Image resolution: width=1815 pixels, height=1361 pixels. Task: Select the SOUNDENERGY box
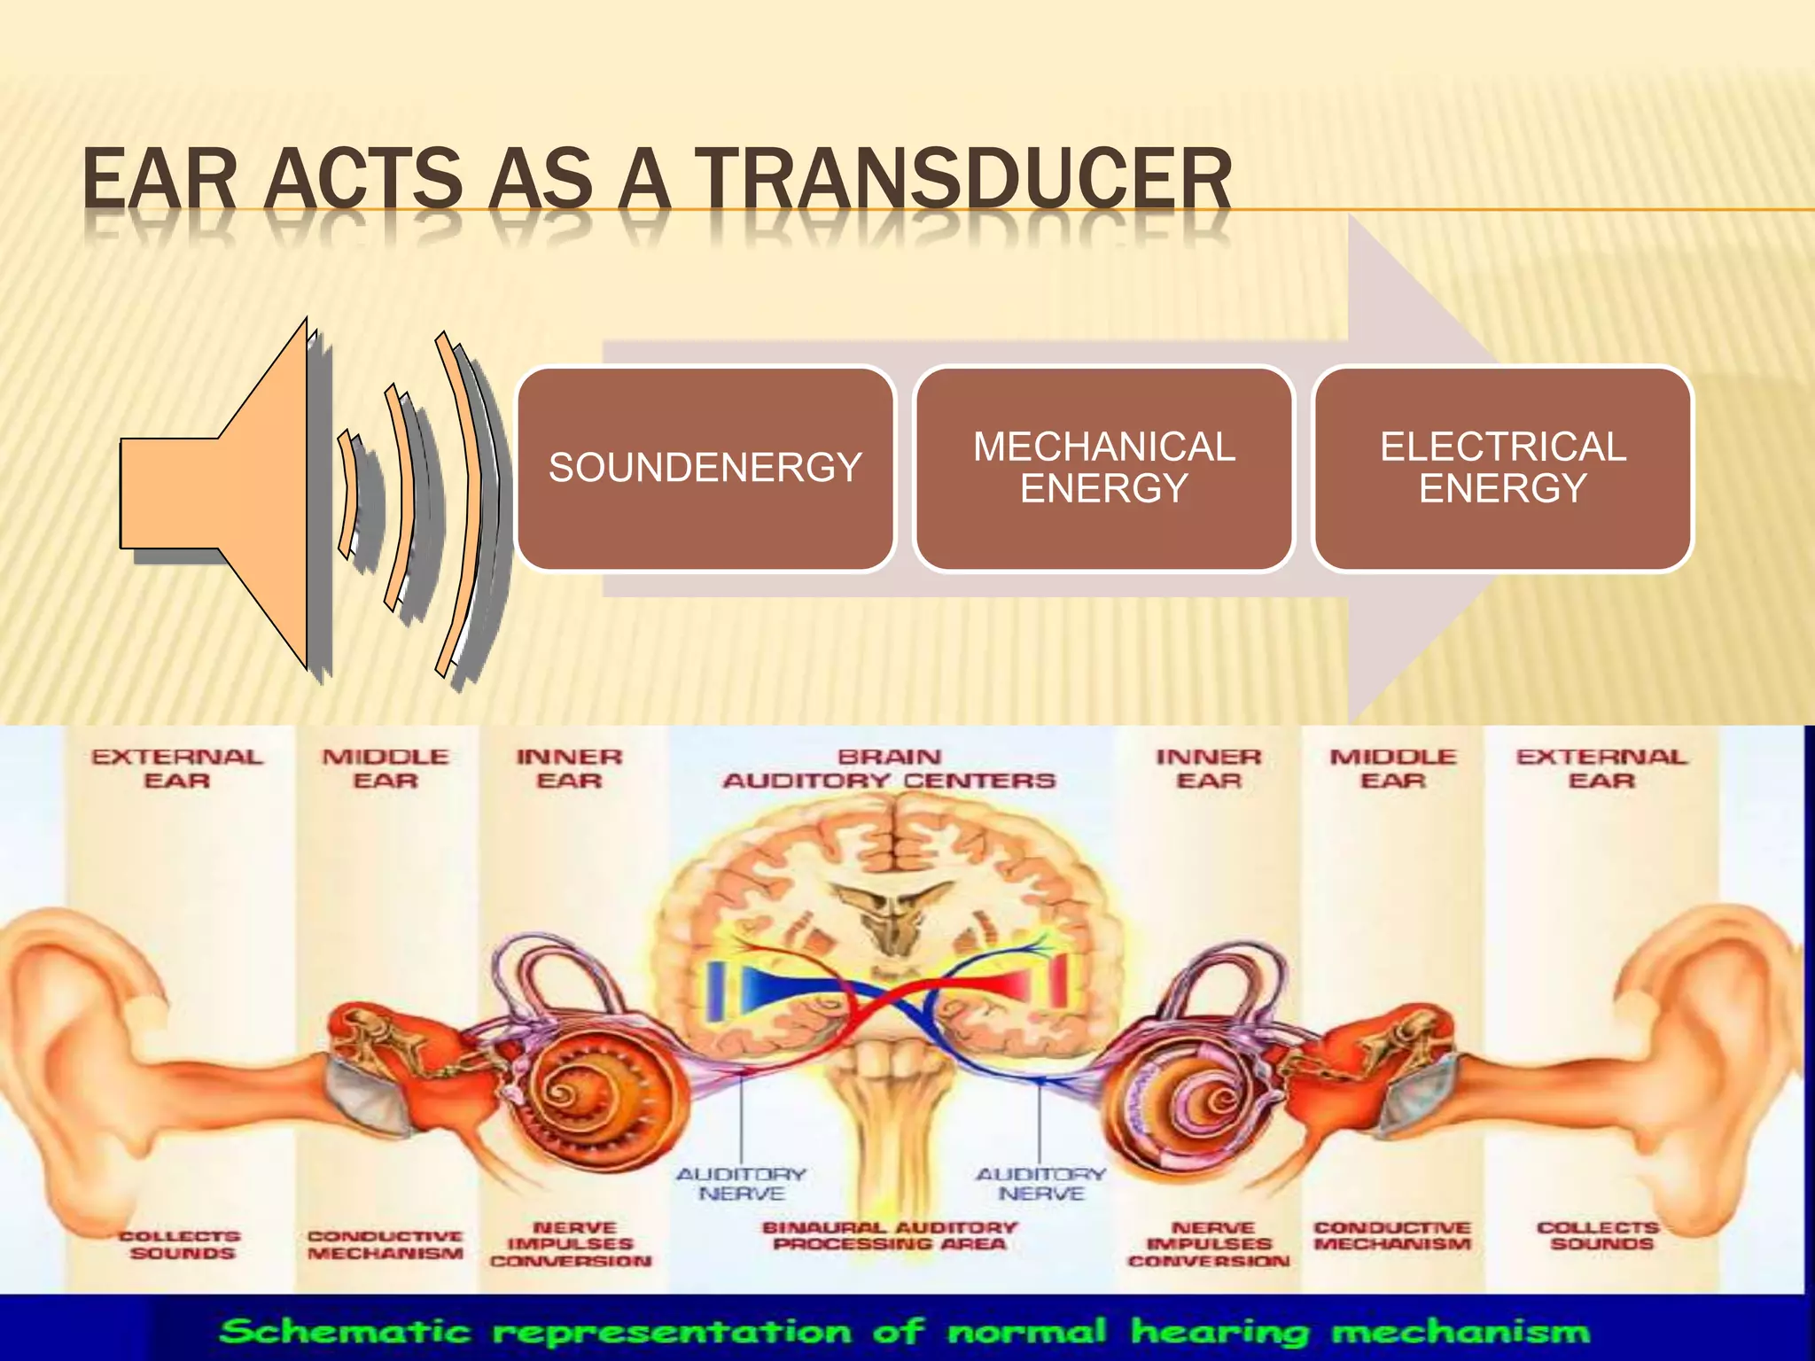[x=705, y=468]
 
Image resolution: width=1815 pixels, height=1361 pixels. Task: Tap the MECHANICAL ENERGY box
[x=1103, y=468]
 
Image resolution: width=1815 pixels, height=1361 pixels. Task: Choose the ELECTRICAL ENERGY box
[x=1502, y=468]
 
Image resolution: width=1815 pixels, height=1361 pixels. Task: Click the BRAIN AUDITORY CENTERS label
[x=889, y=768]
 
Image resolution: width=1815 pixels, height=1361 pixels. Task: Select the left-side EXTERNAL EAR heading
[x=177, y=768]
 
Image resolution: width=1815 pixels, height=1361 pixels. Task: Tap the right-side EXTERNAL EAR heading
[x=1601, y=768]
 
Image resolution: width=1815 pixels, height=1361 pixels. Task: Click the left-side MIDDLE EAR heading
[x=385, y=768]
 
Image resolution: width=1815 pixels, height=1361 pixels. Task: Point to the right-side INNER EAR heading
[x=1208, y=768]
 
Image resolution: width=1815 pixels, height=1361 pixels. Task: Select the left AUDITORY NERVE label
[x=741, y=1184]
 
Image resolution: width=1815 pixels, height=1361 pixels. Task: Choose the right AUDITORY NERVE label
[x=1040, y=1184]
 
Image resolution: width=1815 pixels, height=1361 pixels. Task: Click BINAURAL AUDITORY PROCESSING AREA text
[x=889, y=1235]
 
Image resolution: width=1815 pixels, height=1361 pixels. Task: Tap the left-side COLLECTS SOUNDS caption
[x=181, y=1244]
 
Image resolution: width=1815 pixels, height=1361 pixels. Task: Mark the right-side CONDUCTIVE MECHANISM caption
[x=1391, y=1235]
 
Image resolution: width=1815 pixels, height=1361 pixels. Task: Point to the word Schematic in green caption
[x=346, y=1331]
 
